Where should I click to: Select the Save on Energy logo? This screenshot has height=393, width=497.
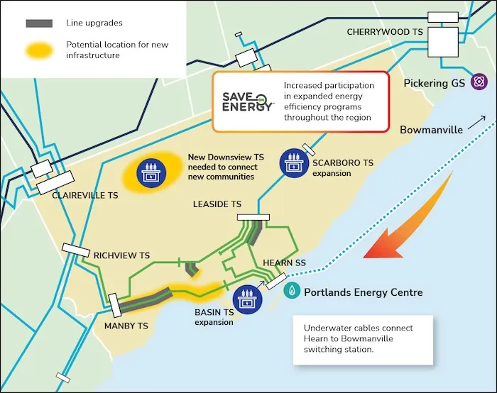click(248, 101)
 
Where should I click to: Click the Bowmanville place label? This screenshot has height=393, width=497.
click(431, 130)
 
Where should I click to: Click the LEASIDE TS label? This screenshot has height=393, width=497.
click(217, 204)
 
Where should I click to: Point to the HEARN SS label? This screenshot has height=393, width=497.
click(284, 262)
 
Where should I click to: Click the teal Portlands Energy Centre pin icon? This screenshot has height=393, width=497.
click(292, 291)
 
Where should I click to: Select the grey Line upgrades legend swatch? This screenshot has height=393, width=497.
click(40, 23)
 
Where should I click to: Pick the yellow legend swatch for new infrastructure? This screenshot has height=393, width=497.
click(40, 50)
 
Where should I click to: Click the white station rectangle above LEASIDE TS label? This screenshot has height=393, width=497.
click(253, 216)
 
